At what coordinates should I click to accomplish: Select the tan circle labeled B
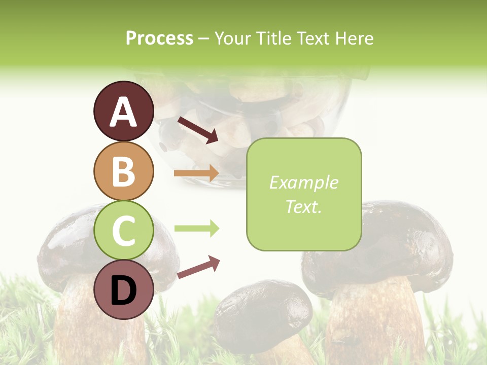point(123,171)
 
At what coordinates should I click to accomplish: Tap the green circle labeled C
point(123,231)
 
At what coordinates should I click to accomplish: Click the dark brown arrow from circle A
point(198,130)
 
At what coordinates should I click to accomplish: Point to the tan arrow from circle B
point(196,173)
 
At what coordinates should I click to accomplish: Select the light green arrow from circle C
point(196,229)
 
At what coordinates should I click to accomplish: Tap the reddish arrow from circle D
point(198,267)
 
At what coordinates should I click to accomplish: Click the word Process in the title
point(159,39)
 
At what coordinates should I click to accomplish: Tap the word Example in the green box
point(303,182)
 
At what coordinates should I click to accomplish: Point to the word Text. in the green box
point(303,206)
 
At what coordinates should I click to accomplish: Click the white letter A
point(123,112)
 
